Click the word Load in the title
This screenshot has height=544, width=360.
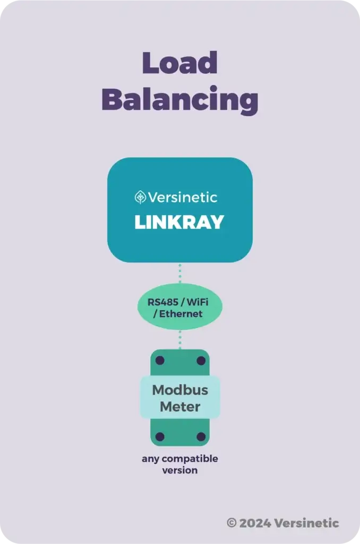(180, 64)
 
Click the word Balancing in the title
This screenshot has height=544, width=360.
(180, 100)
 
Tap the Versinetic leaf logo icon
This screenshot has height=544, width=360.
(141, 198)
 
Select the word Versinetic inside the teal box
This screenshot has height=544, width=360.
(183, 198)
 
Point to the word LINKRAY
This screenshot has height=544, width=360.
(179, 223)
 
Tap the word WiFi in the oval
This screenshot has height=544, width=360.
(197, 302)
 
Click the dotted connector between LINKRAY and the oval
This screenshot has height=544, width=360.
(180, 274)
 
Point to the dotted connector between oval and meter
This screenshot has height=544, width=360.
(180, 339)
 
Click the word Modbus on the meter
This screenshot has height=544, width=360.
(180, 390)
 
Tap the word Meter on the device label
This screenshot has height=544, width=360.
(180, 407)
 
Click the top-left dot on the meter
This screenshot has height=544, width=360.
(160, 361)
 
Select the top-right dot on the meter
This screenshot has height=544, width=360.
(201, 361)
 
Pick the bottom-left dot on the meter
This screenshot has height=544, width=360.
(160, 437)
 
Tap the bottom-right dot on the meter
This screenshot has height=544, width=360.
(201, 437)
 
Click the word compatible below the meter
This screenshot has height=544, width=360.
(190, 458)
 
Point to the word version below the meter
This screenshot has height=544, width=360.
(180, 470)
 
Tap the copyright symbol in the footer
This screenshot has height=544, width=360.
(232, 523)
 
